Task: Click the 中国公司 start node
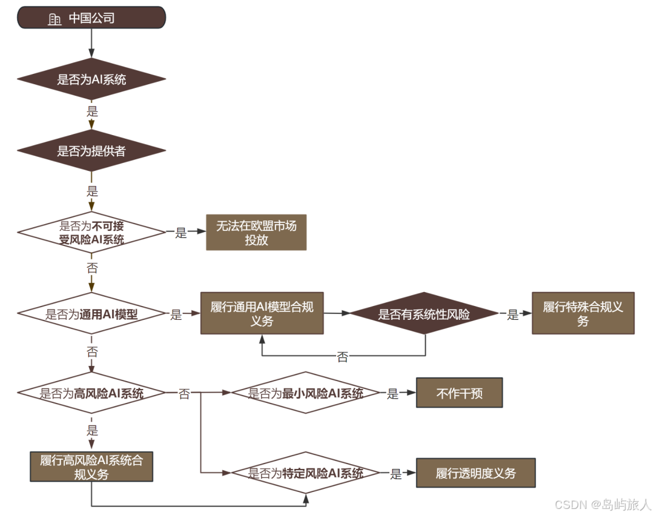click(91, 18)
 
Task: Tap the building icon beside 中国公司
click(54, 19)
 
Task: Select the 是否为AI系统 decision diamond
click(91, 79)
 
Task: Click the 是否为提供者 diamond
click(91, 151)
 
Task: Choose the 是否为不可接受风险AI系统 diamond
click(91, 233)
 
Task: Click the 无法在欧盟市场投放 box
click(256, 233)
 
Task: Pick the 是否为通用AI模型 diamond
click(91, 314)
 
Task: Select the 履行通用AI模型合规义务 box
click(262, 313)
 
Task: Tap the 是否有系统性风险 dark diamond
click(424, 314)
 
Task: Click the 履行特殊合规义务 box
click(583, 313)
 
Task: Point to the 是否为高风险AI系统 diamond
click(91, 394)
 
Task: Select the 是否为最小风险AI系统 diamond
click(305, 393)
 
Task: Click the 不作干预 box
click(459, 393)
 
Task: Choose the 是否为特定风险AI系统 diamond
click(305, 473)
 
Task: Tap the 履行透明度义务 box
click(475, 473)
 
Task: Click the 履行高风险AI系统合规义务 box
click(91, 467)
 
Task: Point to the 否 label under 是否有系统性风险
click(343, 357)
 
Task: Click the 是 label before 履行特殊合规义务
click(513, 314)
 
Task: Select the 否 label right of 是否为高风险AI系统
click(184, 394)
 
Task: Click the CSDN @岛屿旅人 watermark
click(603, 504)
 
